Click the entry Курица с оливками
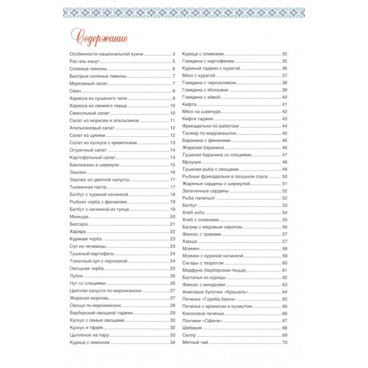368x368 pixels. [208, 55]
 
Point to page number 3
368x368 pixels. [174, 55]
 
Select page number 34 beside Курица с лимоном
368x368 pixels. [173, 342]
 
